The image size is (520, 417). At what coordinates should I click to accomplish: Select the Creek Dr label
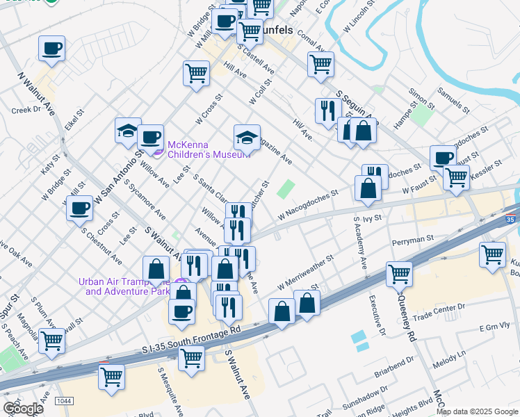(26, 110)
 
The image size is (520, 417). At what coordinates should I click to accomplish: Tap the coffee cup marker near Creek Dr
(52, 49)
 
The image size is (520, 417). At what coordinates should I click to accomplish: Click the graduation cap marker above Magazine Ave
(247, 137)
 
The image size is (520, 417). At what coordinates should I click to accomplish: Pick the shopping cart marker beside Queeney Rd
(399, 274)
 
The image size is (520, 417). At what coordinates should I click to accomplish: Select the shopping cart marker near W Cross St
(197, 72)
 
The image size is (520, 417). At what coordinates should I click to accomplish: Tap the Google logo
(23, 409)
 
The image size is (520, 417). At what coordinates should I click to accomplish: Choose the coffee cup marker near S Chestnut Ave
(80, 207)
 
